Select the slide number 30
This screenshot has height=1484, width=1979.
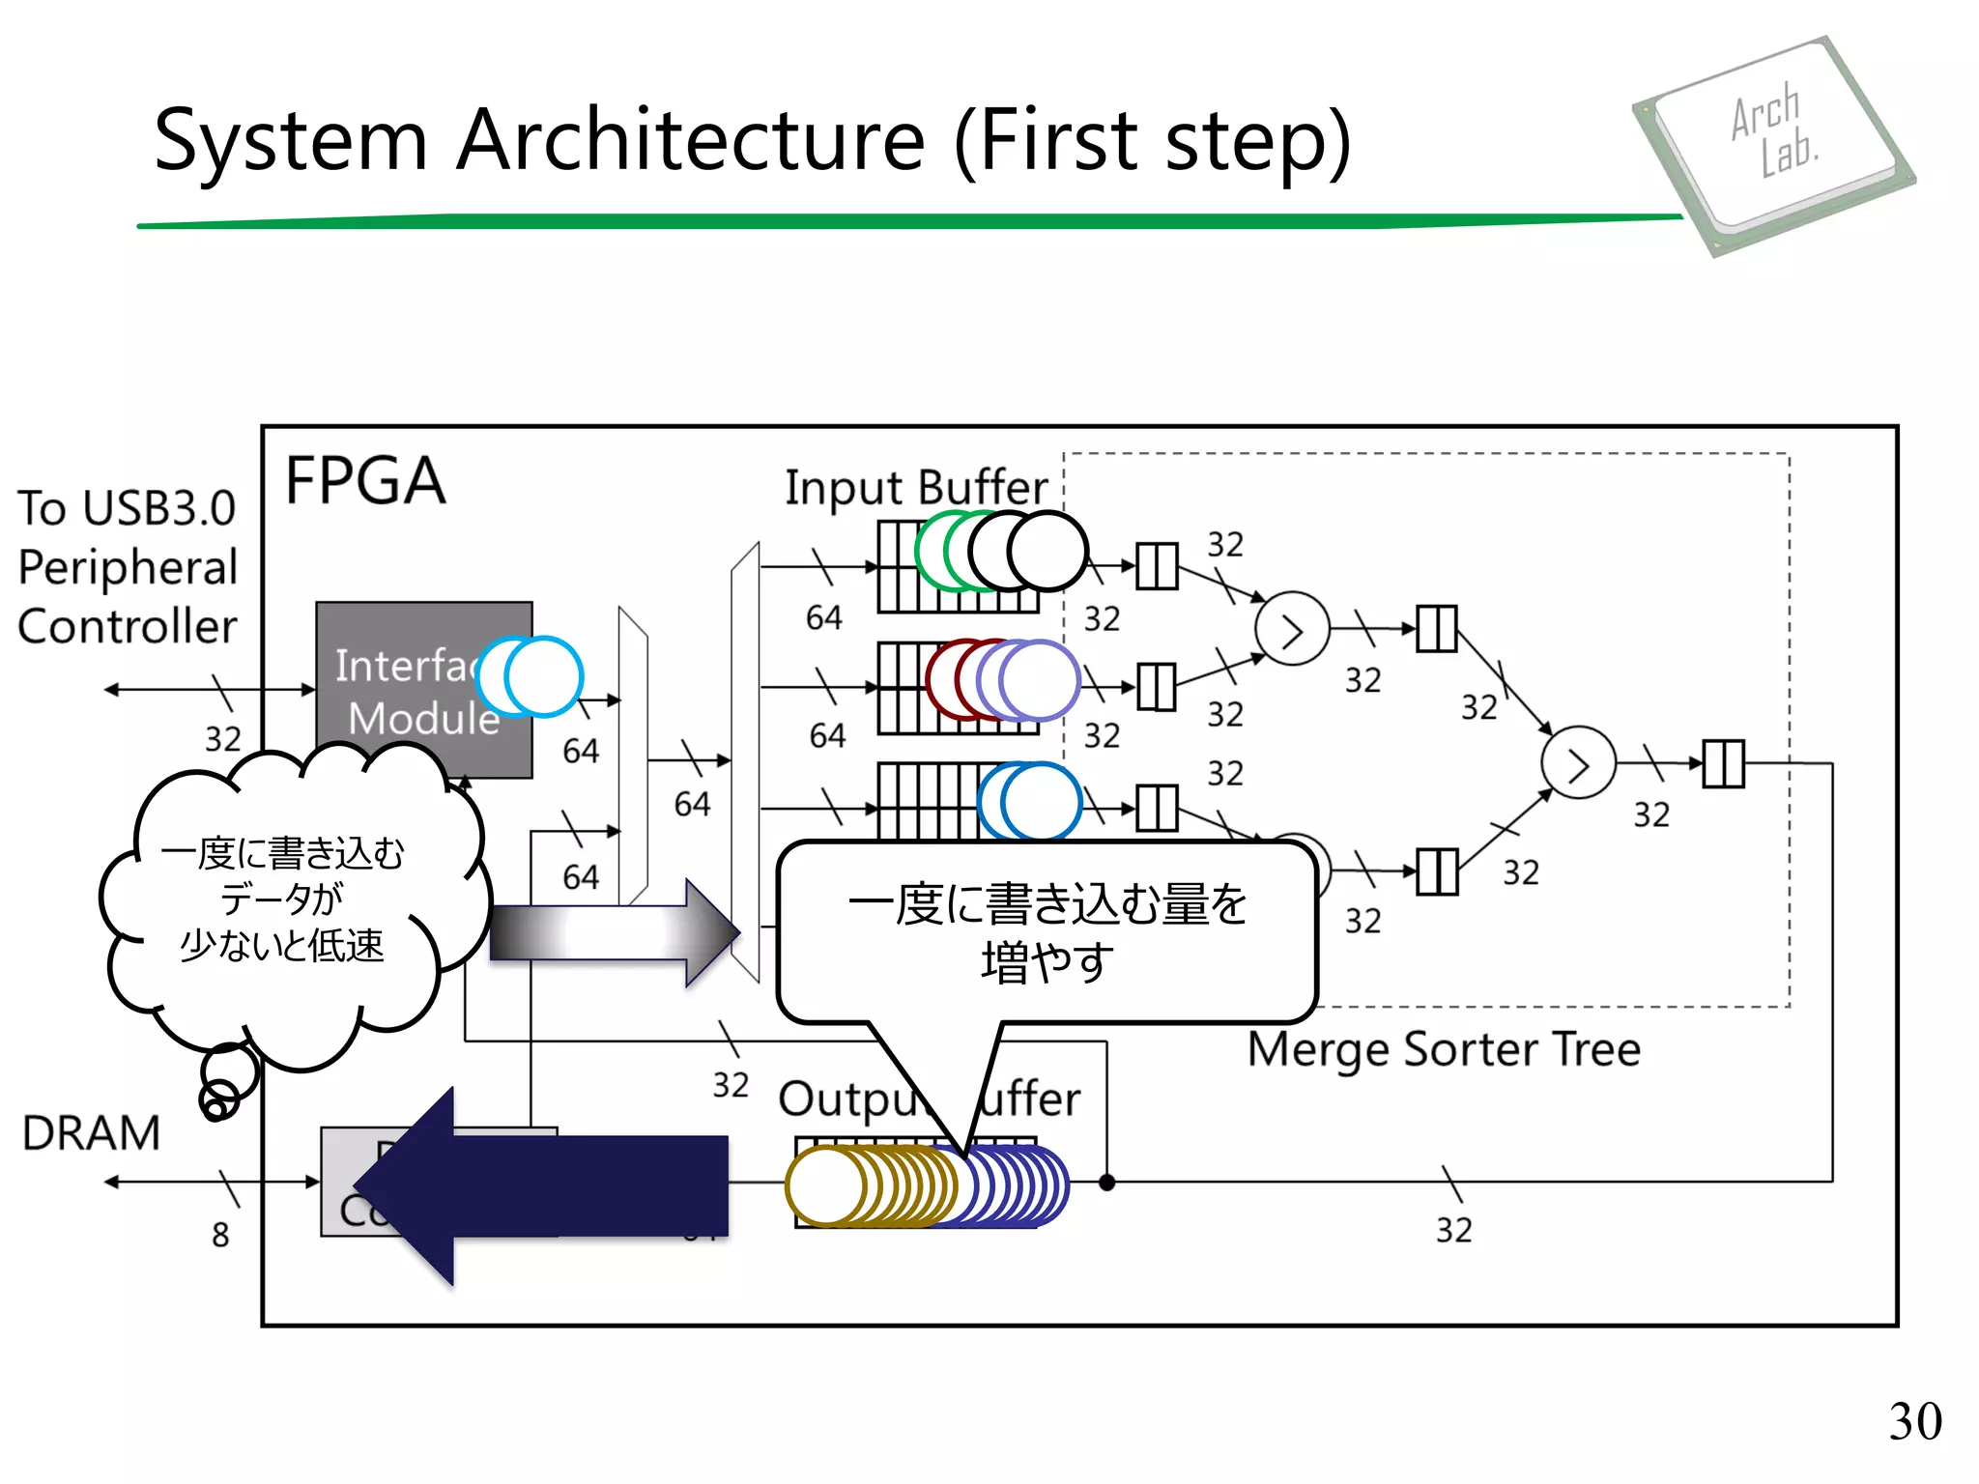click(x=1914, y=1421)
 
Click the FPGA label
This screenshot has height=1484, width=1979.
click(x=365, y=481)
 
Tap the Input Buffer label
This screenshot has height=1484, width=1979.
click(x=915, y=488)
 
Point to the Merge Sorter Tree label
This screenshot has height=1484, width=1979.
click(x=1444, y=1049)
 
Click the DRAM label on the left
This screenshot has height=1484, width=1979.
click(x=91, y=1133)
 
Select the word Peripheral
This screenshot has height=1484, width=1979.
click(x=128, y=567)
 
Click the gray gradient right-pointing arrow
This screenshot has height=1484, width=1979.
click(x=615, y=932)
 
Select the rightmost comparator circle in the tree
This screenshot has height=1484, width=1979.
click(x=1578, y=762)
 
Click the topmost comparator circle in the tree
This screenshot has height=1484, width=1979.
click(x=1292, y=629)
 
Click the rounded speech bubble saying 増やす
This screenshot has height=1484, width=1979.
click(x=1047, y=932)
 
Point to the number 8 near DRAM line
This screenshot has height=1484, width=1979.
click(x=220, y=1235)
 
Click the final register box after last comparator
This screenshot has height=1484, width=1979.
click(x=1723, y=763)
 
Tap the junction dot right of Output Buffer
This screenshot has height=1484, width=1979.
click(x=1107, y=1182)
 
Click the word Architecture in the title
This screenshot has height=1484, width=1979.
click(x=691, y=140)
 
